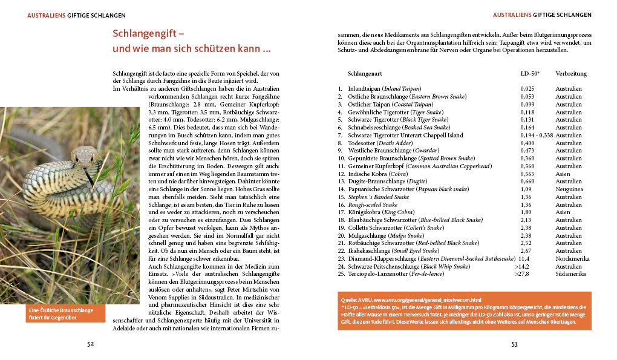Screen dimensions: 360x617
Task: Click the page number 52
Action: point(90,344)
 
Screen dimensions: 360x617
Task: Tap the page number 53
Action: point(515,344)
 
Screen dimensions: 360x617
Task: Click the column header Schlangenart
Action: point(365,73)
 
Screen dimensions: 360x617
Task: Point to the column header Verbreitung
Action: point(570,73)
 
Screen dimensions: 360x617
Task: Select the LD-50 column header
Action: point(530,73)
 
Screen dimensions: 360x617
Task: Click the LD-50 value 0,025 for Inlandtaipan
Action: point(527,89)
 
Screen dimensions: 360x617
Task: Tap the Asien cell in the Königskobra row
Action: point(563,212)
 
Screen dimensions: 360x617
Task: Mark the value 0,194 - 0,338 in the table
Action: point(535,136)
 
